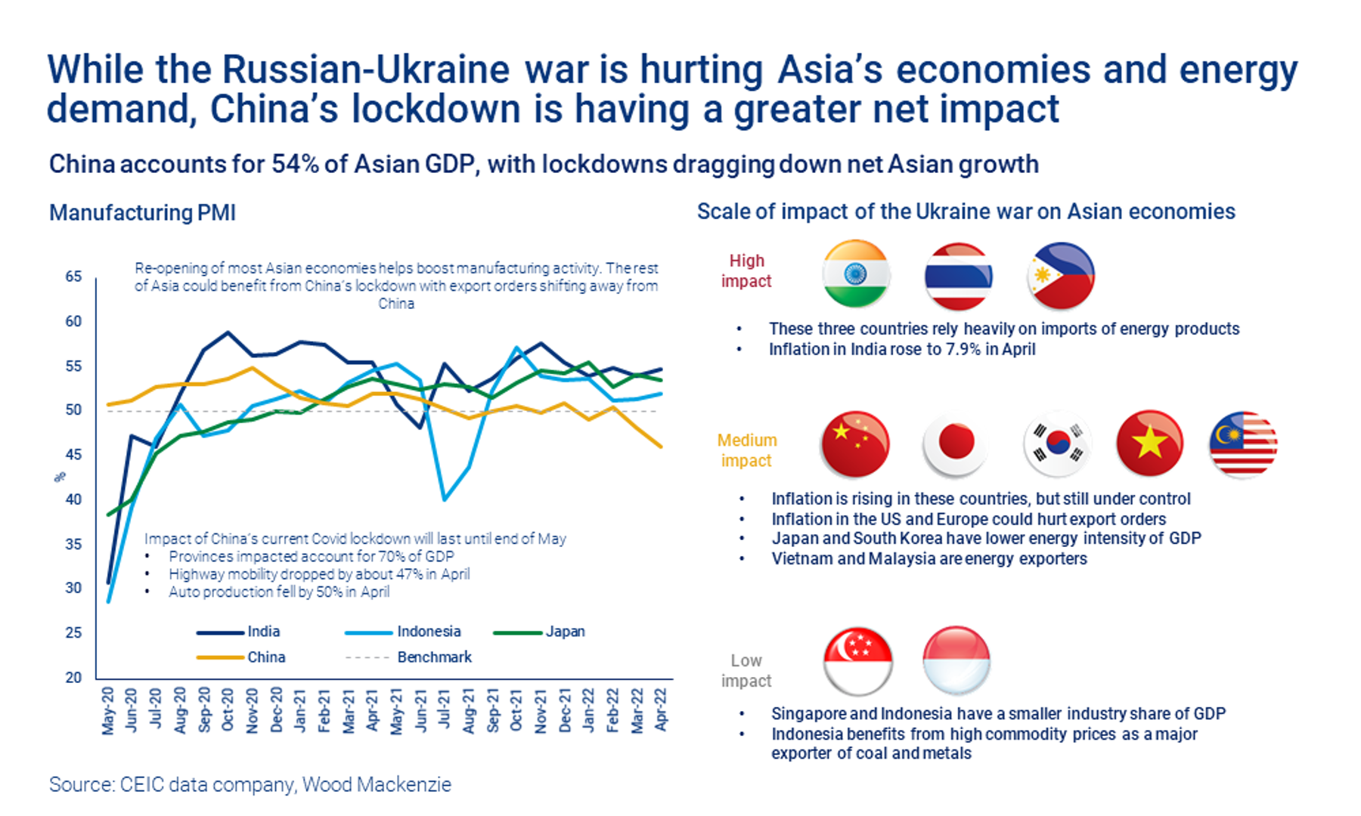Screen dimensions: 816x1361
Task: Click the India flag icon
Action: tap(856, 274)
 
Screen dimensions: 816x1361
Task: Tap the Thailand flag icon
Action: tap(958, 277)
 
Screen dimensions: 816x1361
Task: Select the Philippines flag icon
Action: tap(1061, 277)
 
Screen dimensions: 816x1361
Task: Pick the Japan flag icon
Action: tap(956, 444)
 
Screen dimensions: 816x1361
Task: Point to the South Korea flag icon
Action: tap(1058, 444)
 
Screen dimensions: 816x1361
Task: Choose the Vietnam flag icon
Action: tap(1149, 444)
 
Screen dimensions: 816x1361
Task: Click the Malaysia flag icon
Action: tap(1244, 444)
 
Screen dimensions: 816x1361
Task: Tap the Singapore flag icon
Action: tap(857, 661)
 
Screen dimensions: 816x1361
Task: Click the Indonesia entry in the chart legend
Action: tap(428, 632)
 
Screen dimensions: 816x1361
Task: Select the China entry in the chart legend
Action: tap(266, 657)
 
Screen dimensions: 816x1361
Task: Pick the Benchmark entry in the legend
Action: tap(434, 657)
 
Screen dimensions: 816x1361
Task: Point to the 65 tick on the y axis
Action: tap(73, 277)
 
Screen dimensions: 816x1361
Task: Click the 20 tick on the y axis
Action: tap(73, 677)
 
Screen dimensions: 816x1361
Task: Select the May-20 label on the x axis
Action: tap(108, 710)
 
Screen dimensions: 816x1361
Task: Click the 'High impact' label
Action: tap(746, 270)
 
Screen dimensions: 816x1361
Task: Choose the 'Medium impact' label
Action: tap(746, 450)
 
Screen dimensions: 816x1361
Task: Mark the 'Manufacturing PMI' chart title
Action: tap(142, 213)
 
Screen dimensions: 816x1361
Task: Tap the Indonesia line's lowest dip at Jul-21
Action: tap(444, 499)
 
